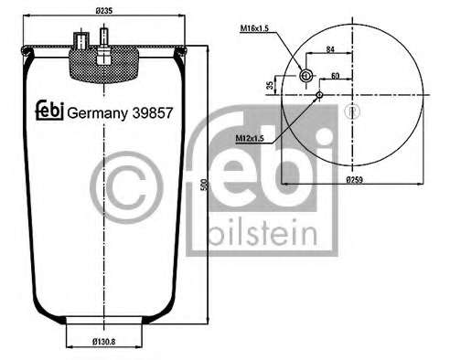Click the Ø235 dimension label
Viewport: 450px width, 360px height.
[x=104, y=11]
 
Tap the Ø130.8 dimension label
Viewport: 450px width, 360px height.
[x=104, y=342]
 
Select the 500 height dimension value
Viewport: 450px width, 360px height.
[x=206, y=185]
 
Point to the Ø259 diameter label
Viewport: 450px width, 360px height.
[x=355, y=180]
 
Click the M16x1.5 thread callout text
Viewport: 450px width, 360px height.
[x=254, y=28]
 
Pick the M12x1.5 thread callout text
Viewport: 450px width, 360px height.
[x=250, y=139]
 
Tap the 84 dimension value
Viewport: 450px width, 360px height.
[x=330, y=48]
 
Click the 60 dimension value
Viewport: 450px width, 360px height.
[x=335, y=76]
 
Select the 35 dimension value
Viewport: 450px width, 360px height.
[x=270, y=85]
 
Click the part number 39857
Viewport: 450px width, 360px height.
[x=153, y=113]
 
